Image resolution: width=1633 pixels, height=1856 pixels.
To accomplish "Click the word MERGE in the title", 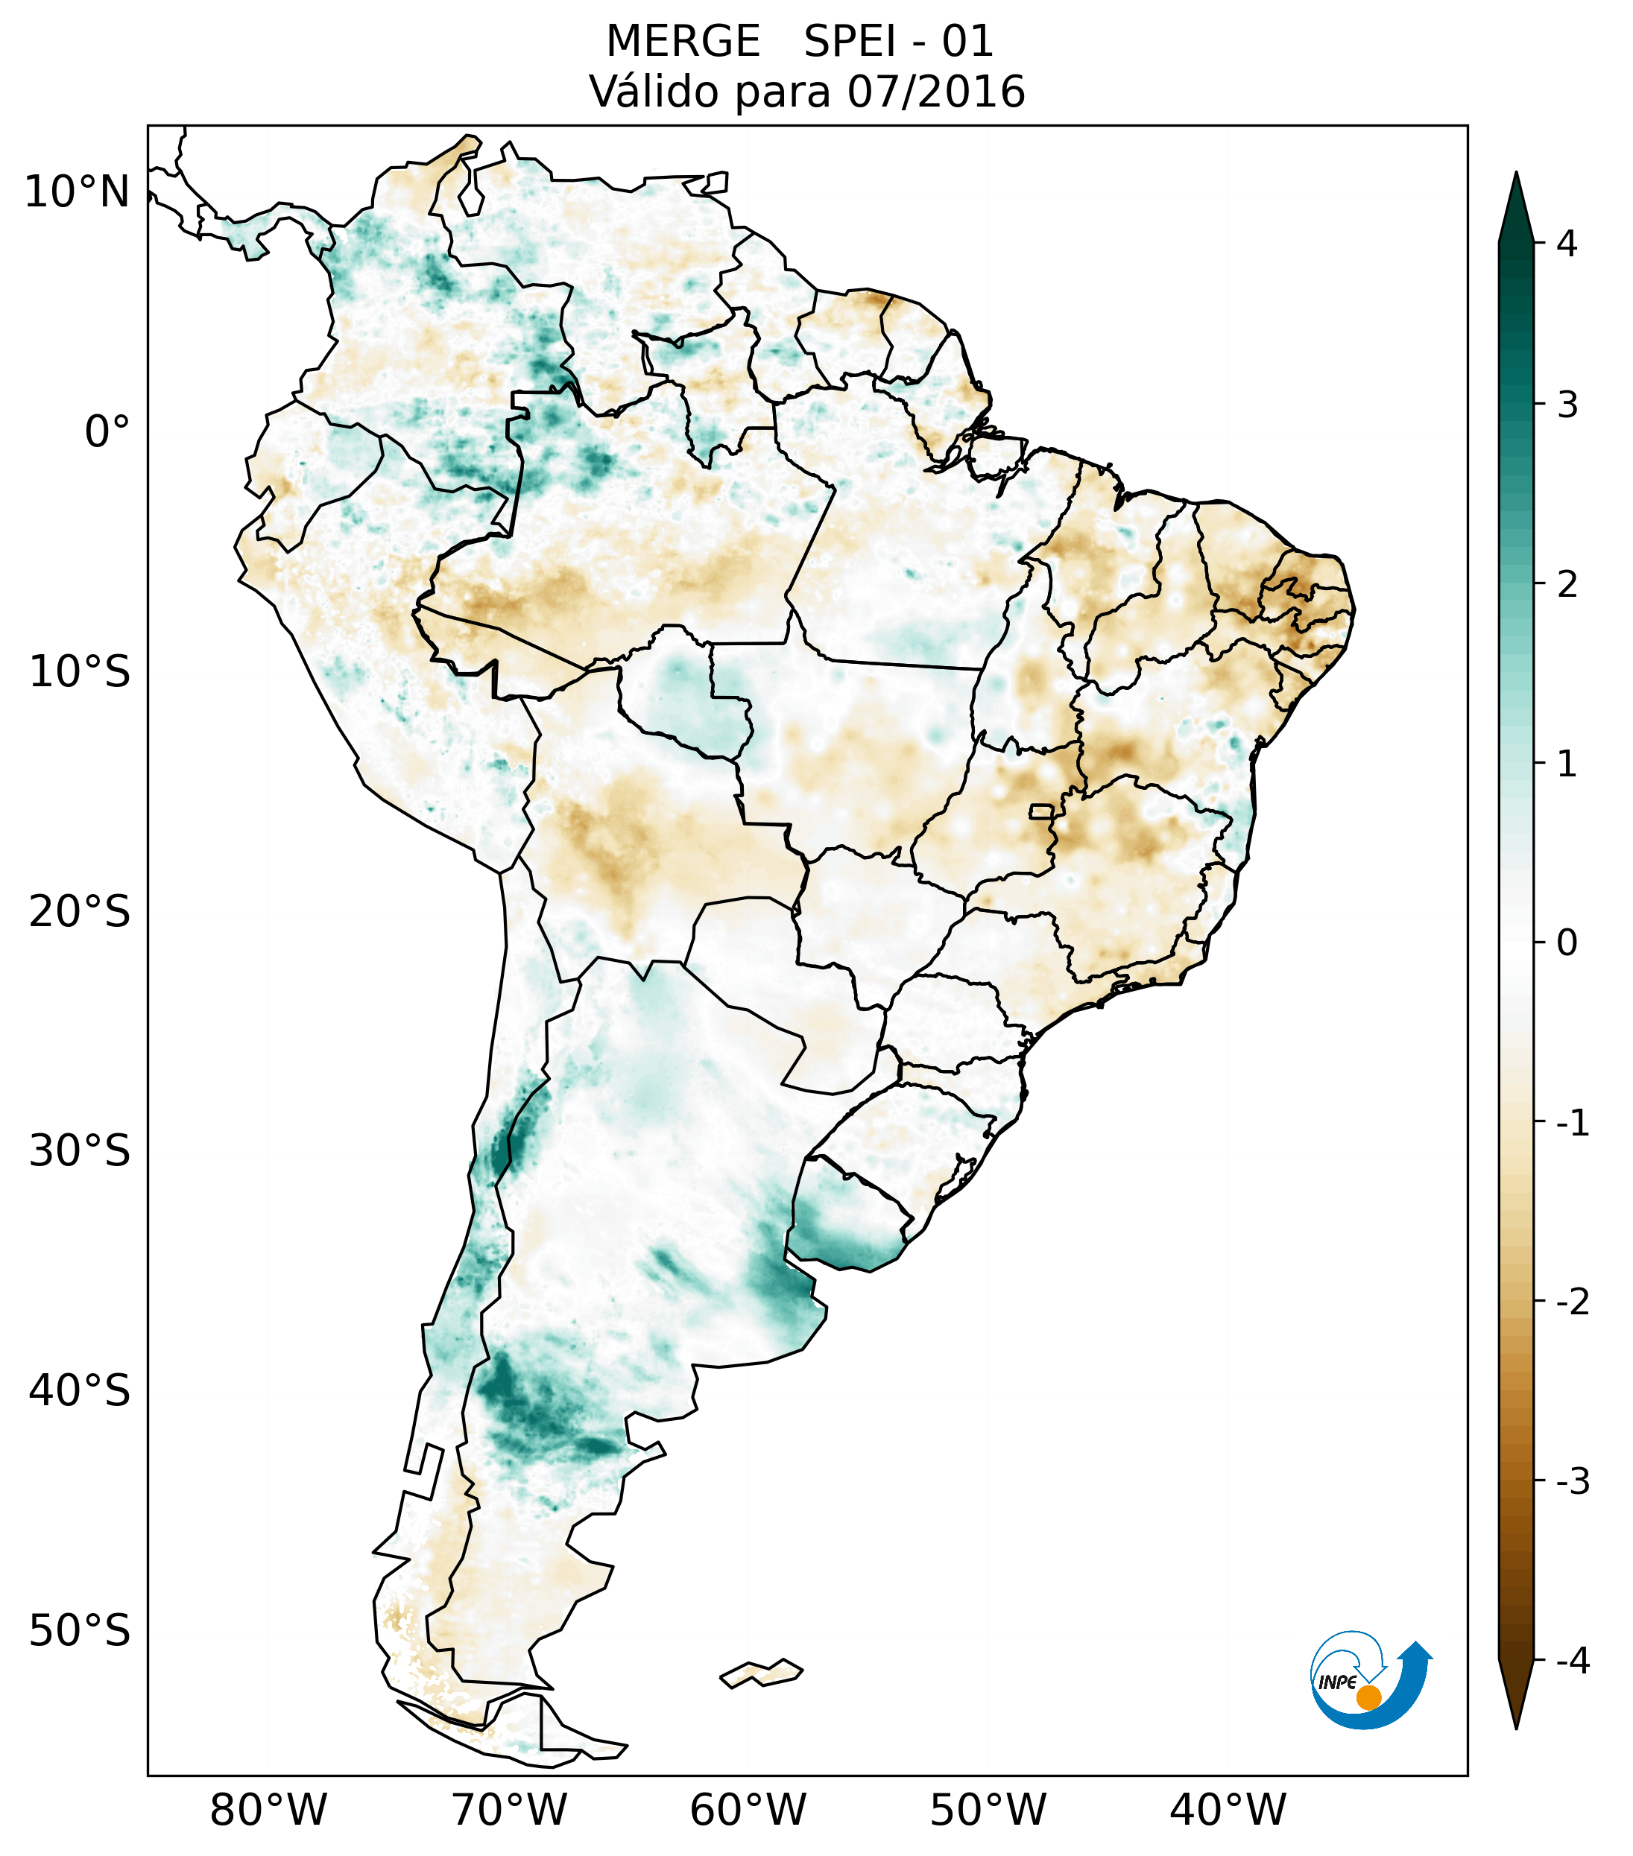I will click(x=682, y=42).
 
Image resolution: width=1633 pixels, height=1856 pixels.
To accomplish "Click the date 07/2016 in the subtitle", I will click(x=935, y=92).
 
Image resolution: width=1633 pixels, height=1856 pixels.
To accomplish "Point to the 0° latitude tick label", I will click(x=107, y=432).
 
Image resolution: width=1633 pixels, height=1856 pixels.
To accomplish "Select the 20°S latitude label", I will click(x=80, y=912).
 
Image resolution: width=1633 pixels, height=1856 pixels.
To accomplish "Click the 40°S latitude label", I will click(x=80, y=1391).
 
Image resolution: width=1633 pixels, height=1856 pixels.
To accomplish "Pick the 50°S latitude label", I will click(x=80, y=1632).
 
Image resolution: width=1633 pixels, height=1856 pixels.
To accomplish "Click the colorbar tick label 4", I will click(x=1567, y=244).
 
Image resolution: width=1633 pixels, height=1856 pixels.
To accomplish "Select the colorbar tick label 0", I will click(x=1567, y=943).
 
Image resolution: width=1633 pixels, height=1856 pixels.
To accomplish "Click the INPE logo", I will click(x=1371, y=1681).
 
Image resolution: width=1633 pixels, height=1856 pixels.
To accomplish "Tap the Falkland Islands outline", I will click(x=762, y=1673).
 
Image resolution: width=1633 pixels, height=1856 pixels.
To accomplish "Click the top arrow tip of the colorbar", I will click(x=1516, y=174).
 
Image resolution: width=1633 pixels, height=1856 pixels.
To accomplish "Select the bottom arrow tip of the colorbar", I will click(x=1516, y=1727).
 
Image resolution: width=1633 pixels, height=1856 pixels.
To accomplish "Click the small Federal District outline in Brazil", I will click(x=1042, y=811).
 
